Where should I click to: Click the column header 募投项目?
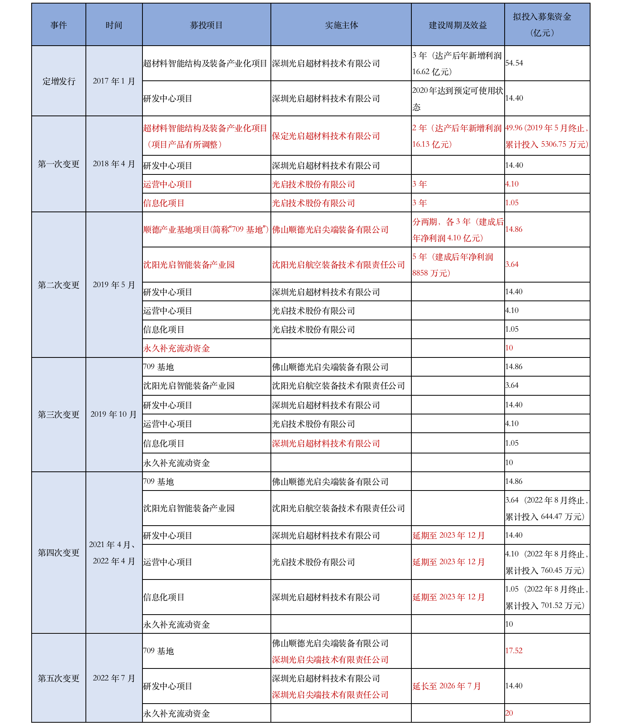point(206,25)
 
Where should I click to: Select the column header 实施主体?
point(341,25)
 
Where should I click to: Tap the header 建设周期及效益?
point(457,25)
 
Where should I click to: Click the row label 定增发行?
point(59,81)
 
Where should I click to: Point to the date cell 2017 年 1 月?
point(114,81)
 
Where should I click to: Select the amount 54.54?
point(514,63)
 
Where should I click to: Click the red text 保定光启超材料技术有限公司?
point(326,136)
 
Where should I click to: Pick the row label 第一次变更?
point(59,164)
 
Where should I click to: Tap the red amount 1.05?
point(512,203)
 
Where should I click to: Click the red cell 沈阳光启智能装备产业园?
point(189,265)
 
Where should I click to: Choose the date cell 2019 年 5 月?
point(114,285)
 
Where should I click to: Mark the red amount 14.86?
point(514,229)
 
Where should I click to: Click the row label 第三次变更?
point(59,414)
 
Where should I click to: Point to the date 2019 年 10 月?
point(114,414)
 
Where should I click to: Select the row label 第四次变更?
point(59,553)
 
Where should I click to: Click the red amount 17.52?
point(514,651)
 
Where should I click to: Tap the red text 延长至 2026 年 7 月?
point(446,686)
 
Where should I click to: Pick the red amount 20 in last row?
point(509,713)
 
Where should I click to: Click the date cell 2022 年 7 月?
point(114,678)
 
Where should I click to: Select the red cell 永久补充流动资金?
point(176,348)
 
